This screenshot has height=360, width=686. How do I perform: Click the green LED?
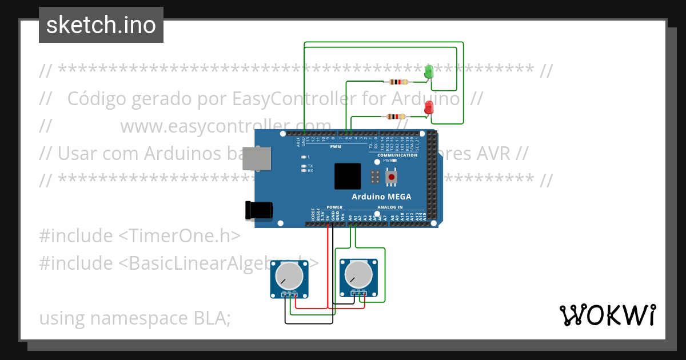pyautogui.click(x=429, y=73)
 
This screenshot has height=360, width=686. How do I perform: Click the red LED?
pyautogui.click(x=429, y=107)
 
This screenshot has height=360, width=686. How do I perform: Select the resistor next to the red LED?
pyautogui.click(x=396, y=117)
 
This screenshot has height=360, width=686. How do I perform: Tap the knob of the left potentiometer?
pyautogui.click(x=289, y=277)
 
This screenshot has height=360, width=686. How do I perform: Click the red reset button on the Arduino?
pyautogui.click(x=391, y=178)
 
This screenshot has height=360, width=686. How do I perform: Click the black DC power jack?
pyautogui.click(x=258, y=210)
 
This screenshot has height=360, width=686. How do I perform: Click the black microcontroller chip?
pyautogui.click(x=348, y=176)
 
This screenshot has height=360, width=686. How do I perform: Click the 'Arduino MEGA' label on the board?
pyautogui.click(x=381, y=197)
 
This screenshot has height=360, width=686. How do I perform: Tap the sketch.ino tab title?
pyautogui.click(x=101, y=25)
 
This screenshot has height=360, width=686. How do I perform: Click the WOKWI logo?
pyautogui.click(x=607, y=315)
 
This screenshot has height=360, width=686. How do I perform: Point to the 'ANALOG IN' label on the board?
pyautogui.click(x=390, y=207)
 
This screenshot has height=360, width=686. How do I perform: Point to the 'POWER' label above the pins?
pyautogui.click(x=334, y=207)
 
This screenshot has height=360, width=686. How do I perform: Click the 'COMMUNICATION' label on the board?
pyautogui.click(x=397, y=155)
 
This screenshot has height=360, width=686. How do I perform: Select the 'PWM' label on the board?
pyautogui.click(x=336, y=146)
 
